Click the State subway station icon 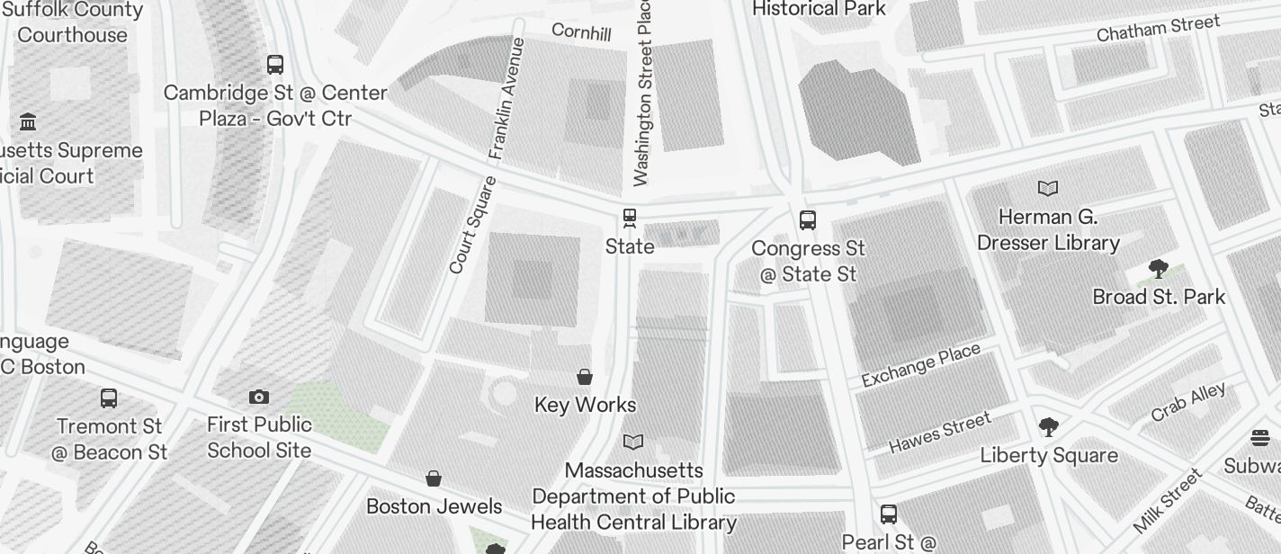click(x=629, y=219)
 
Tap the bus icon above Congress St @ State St click(x=808, y=220)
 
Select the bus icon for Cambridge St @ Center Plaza click(x=275, y=65)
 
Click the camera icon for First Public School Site click(x=259, y=397)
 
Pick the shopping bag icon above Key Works click(x=585, y=377)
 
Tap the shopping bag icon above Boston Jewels click(x=434, y=478)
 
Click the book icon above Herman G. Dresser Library click(x=1048, y=189)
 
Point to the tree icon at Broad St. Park click(x=1159, y=268)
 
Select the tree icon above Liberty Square click(x=1048, y=426)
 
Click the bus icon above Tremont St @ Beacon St click(x=109, y=398)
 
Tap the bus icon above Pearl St click(x=889, y=514)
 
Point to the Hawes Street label click(x=940, y=432)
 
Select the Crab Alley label click(x=1187, y=402)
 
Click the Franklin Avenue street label click(x=506, y=99)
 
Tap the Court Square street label click(x=472, y=225)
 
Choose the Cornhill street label click(x=581, y=32)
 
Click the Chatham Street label click(x=1158, y=28)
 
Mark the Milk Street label click(x=1168, y=500)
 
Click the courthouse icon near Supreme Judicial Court click(x=28, y=121)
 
